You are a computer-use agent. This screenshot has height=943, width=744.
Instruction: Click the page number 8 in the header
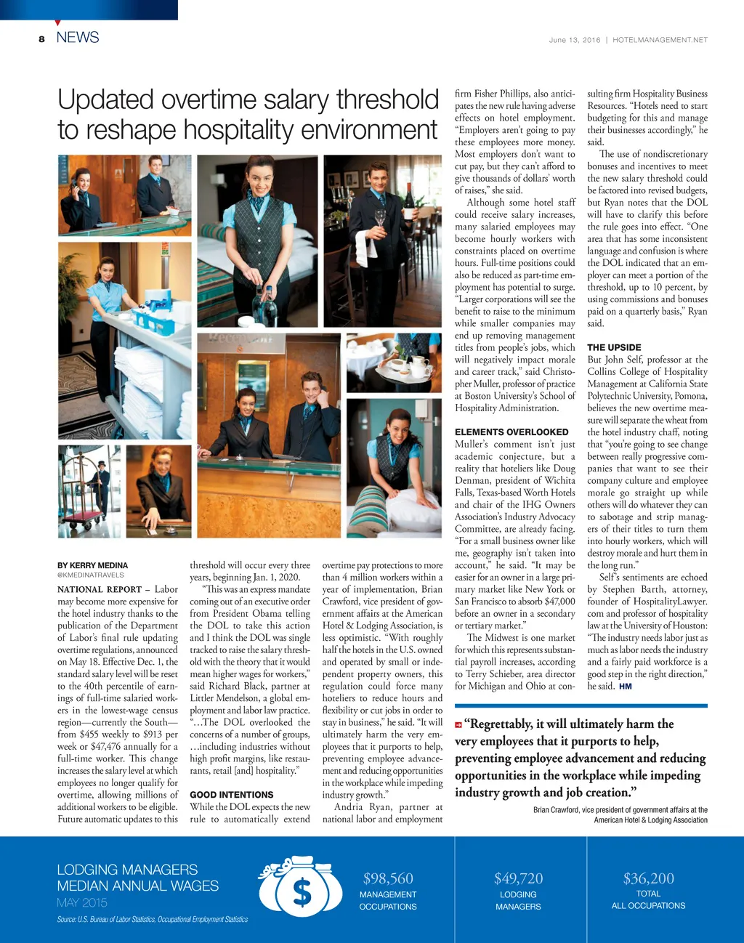pyautogui.click(x=42, y=39)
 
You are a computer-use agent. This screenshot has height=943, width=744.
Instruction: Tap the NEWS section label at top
pyautogui.click(x=77, y=38)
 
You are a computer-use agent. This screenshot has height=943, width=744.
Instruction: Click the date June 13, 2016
pyautogui.click(x=575, y=40)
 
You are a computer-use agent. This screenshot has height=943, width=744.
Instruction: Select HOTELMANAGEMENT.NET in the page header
pyautogui.click(x=660, y=40)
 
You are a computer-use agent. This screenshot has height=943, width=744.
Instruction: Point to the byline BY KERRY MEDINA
pyautogui.click(x=92, y=565)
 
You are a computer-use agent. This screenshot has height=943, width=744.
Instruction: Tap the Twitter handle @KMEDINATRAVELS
pyautogui.click(x=91, y=575)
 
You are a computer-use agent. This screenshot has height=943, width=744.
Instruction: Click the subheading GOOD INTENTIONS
pyautogui.click(x=232, y=795)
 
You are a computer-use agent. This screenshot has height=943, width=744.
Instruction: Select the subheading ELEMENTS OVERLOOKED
pyautogui.click(x=511, y=432)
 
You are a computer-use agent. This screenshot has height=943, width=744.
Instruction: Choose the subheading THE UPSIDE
pyautogui.click(x=614, y=347)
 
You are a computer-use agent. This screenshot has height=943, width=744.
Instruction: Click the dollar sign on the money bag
pyautogui.click(x=302, y=893)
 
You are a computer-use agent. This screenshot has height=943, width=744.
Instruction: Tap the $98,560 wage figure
pyautogui.click(x=388, y=879)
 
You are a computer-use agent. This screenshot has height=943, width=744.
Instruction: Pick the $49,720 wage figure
pyautogui.click(x=518, y=879)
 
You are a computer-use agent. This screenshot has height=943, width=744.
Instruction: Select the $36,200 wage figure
pyautogui.click(x=648, y=878)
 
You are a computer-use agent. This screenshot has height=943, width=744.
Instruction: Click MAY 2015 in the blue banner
pyautogui.click(x=82, y=902)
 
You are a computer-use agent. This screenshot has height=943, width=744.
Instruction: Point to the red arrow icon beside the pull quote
pyautogui.click(x=458, y=724)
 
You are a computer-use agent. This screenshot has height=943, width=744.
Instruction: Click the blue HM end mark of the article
pyautogui.click(x=625, y=686)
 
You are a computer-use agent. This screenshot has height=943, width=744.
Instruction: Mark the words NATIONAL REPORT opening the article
pyautogui.click(x=100, y=589)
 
